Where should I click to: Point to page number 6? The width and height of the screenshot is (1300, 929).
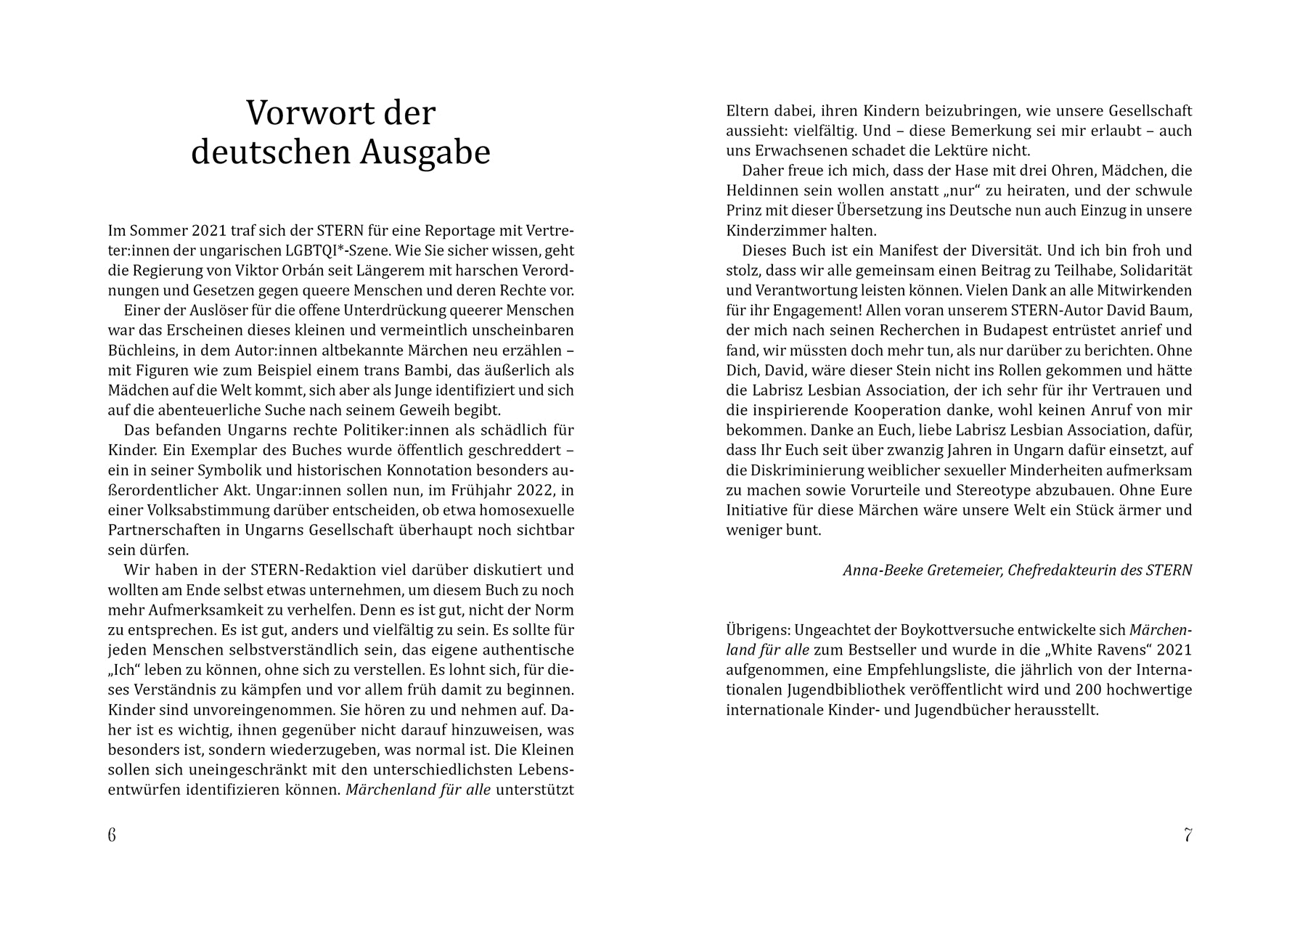(x=112, y=835)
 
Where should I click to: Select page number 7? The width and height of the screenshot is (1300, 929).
(x=1187, y=835)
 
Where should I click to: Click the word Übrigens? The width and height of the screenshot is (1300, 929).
(x=758, y=629)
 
